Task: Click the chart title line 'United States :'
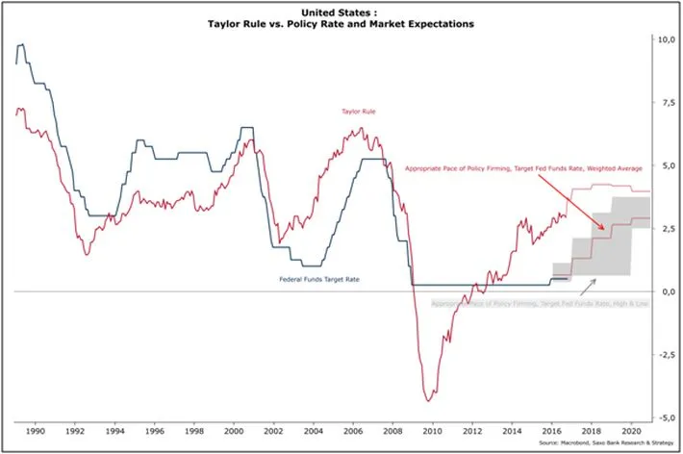tap(341, 13)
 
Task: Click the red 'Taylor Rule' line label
tap(359, 112)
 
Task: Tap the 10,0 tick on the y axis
tap(664, 39)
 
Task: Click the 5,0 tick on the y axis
tap(664, 165)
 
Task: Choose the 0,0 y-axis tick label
tap(664, 291)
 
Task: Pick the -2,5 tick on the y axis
tap(663, 355)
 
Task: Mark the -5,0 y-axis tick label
tap(663, 418)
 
